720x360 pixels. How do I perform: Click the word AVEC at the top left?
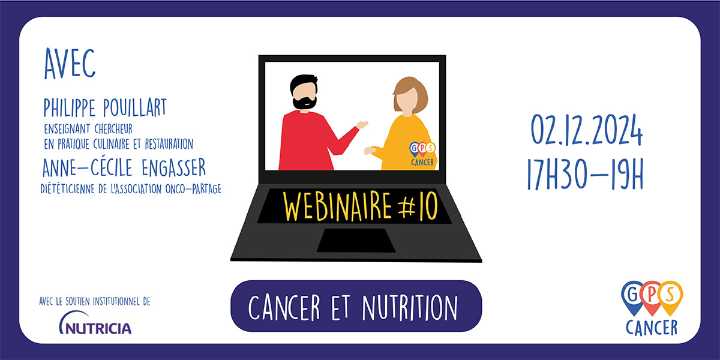tap(70, 64)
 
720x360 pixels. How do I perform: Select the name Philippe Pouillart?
tap(105, 107)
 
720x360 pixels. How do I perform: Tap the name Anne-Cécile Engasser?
tap(124, 167)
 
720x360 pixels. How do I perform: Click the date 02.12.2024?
tap(586, 130)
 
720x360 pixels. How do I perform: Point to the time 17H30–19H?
tap(586, 174)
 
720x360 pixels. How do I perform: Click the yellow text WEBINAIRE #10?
tap(361, 206)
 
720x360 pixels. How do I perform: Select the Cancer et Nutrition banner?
tap(356, 306)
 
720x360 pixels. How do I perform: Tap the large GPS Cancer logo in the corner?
tap(652, 308)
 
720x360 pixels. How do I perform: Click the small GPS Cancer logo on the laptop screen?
tap(422, 154)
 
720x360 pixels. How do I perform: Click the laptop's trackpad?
tap(356, 241)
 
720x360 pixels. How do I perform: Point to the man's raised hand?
tap(362, 124)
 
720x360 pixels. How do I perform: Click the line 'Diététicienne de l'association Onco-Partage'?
tap(131, 189)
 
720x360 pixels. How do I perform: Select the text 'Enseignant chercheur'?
tap(88, 129)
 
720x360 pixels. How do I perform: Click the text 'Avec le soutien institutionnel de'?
tap(95, 301)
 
